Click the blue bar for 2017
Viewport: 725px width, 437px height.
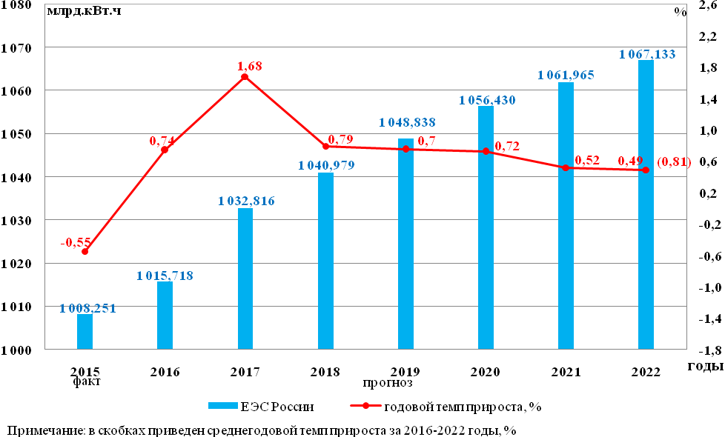point(245,278)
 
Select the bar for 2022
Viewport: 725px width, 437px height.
point(646,204)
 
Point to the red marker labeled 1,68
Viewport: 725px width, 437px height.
point(245,77)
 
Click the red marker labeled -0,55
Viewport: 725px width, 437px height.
point(85,252)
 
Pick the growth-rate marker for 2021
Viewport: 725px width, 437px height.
point(566,168)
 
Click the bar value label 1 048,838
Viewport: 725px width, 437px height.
point(407,122)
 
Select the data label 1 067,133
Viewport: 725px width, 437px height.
point(647,54)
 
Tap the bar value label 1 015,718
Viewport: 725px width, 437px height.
point(165,276)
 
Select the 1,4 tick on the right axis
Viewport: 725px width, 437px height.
point(705,99)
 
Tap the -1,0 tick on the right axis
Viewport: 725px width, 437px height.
point(704,287)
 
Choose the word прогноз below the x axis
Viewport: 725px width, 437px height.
point(387,383)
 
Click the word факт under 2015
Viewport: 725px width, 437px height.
point(86,382)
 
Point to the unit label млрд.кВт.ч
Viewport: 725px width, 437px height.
point(84,11)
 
